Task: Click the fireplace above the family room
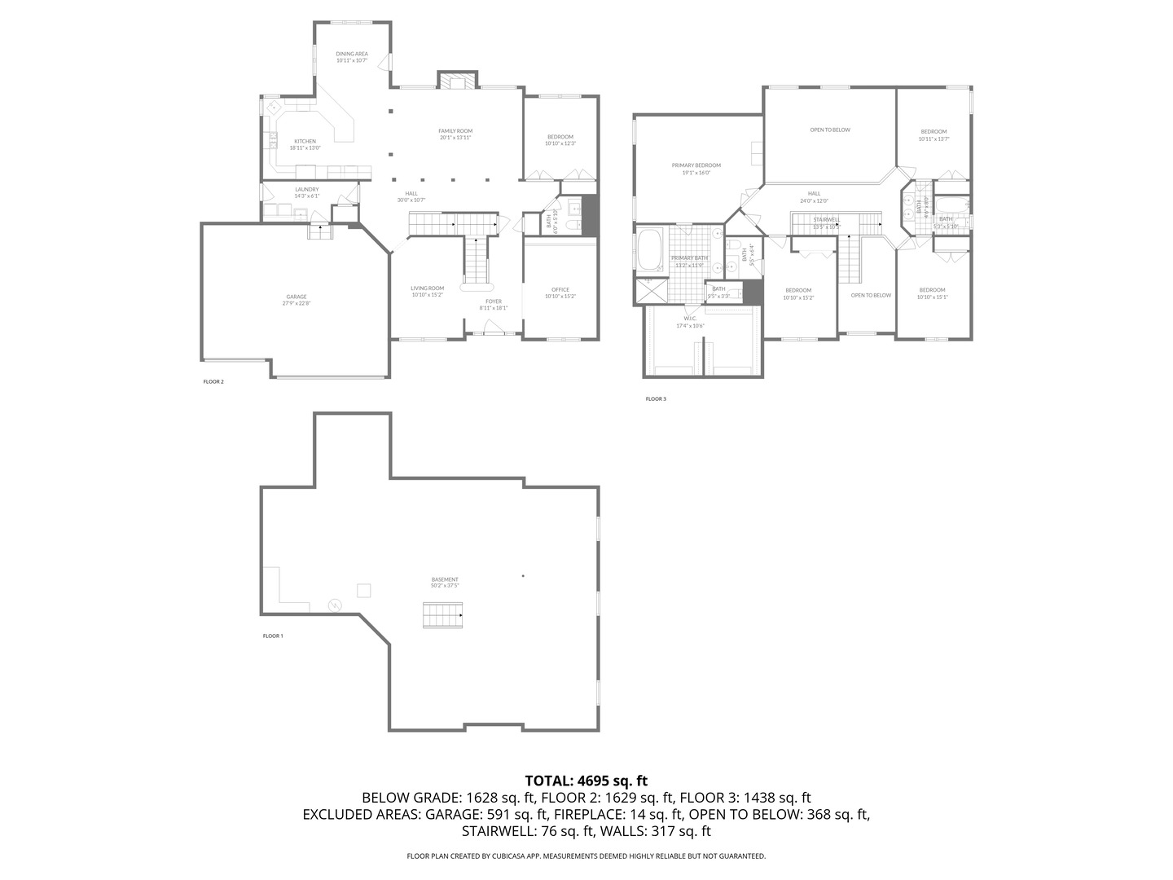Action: tap(456, 81)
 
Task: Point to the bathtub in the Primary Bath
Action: tap(650, 251)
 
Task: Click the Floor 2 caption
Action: tap(213, 381)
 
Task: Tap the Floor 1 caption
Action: tap(273, 636)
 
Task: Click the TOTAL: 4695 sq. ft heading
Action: tap(586, 781)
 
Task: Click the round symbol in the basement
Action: tap(335, 605)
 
